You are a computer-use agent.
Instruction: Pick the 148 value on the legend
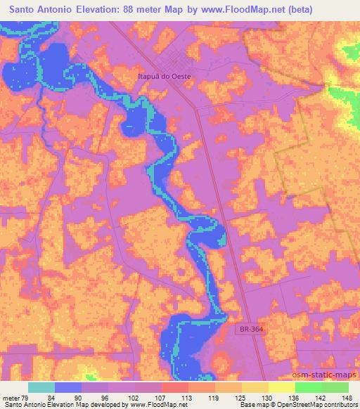coord(347,397)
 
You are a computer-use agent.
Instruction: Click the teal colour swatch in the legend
coord(41,387)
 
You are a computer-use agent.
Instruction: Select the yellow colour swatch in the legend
coord(281,387)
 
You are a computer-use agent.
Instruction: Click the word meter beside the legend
coord(12,397)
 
